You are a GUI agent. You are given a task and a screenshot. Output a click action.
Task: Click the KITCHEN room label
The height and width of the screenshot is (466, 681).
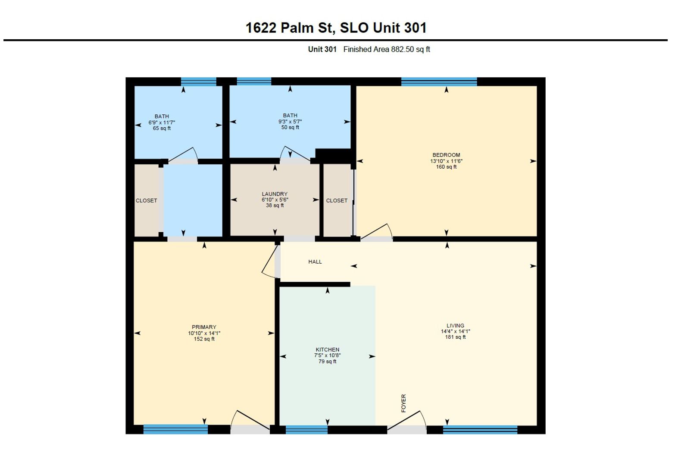tap(328, 350)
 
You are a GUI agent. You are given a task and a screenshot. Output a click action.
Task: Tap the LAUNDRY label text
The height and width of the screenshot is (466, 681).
tap(275, 194)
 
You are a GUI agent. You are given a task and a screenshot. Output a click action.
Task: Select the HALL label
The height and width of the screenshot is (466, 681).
tap(315, 262)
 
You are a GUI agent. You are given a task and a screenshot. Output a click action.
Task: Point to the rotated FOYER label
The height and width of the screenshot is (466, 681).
tap(403, 403)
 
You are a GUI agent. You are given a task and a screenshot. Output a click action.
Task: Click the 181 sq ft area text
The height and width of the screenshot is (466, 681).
tap(456, 337)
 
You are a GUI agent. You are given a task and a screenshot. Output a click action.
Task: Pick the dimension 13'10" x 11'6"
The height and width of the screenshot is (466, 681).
tap(446, 161)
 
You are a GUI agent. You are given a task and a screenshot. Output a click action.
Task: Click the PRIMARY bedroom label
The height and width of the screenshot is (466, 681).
tap(204, 327)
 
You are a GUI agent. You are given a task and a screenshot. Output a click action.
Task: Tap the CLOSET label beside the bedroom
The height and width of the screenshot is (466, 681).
tap(337, 201)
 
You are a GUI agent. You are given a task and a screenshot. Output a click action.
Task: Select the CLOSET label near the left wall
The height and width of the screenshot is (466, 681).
tap(146, 201)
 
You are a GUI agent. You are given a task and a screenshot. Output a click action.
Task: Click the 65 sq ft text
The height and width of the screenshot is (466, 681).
tap(162, 129)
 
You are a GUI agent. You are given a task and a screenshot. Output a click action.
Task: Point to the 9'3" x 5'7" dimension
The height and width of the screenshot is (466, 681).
tap(290, 121)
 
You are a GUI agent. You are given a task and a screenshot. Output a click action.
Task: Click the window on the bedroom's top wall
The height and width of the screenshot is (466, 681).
tap(439, 82)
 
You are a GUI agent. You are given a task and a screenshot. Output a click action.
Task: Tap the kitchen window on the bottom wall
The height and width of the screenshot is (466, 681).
tap(306, 429)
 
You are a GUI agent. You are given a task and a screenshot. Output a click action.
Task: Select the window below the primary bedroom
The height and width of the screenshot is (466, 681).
tap(175, 429)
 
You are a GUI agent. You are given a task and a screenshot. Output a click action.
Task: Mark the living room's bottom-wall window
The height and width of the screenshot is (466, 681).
tap(480, 429)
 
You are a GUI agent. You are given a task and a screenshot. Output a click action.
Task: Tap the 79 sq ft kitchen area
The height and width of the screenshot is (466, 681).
tap(328, 362)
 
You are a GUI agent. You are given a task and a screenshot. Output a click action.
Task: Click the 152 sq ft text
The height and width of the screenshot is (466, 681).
tap(204, 339)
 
